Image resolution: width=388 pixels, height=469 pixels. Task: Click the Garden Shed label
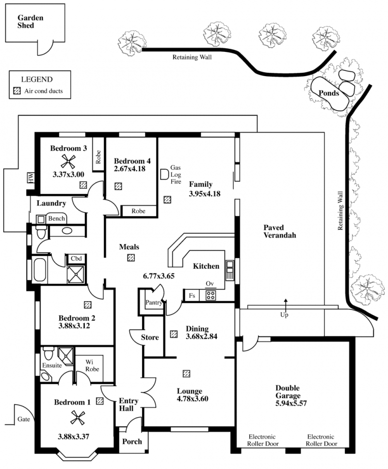pyautogui.click(x=30, y=21)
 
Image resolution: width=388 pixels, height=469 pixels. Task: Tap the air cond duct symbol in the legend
pyautogui.click(x=17, y=91)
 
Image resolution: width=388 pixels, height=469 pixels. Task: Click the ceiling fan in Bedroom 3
pyautogui.click(x=68, y=162)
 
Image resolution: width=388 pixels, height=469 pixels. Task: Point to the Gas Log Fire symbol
pyautogui.click(x=164, y=175)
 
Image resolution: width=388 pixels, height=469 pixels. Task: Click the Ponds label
pyautogui.click(x=329, y=93)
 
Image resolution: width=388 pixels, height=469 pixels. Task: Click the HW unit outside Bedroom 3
pyautogui.click(x=31, y=178)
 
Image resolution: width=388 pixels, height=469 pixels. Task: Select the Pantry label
pyautogui.click(x=154, y=302)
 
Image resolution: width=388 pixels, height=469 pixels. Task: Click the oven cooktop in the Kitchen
pyautogui.click(x=210, y=295)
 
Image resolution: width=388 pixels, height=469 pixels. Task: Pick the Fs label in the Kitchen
pyautogui.click(x=192, y=295)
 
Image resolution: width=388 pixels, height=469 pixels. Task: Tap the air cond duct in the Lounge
pyautogui.click(x=186, y=373)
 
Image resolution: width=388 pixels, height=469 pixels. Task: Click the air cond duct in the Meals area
pyautogui.click(x=131, y=257)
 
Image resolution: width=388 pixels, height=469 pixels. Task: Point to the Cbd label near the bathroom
pyautogui.click(x=76, y=259)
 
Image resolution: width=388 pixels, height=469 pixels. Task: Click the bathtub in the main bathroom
pyautogui.click(x=39, y=270)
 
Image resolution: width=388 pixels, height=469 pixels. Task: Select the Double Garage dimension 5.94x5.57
pyautogui.click(x=291, y=403)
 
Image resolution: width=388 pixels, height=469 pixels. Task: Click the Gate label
pyautogui.click(x=24, y=420)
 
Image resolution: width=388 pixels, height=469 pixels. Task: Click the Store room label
pyautogui.click(x=150, y=338)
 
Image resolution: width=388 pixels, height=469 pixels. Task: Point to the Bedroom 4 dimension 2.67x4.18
pyautogui.click(x=129, y=169)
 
